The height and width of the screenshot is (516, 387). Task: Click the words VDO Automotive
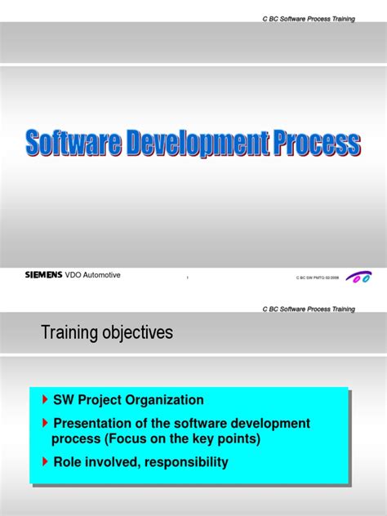coord(93,275)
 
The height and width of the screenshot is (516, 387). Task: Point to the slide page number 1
coord(188,278)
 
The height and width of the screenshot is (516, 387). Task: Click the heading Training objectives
coord(106,333)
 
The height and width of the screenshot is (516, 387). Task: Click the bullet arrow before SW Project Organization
coord(45,400)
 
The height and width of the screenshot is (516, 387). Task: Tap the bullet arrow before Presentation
coord(45,423)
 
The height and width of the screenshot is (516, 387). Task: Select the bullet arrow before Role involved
coord(45,462)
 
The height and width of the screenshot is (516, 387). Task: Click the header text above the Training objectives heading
coord(309,309)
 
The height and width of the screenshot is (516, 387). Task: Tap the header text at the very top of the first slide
coord(309,18)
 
